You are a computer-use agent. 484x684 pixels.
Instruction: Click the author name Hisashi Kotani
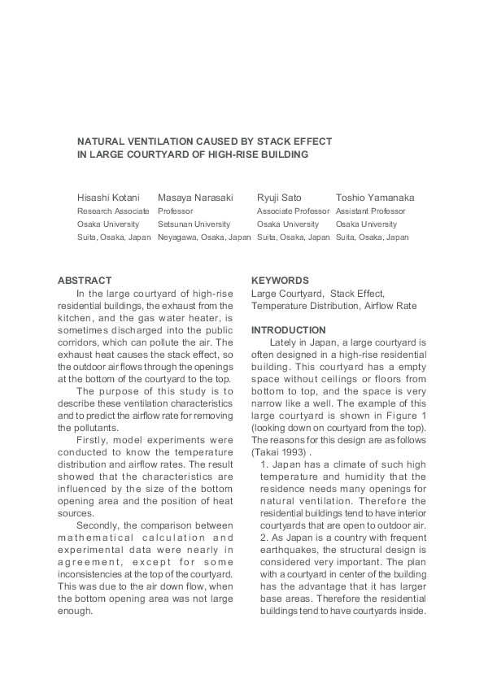[x=108, y=198]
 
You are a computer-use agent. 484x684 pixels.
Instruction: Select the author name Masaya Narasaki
[x=195, y=198]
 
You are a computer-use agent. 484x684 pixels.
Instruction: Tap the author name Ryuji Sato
[x=279, y=198]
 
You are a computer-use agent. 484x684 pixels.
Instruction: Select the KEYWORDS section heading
[x=280, y=281]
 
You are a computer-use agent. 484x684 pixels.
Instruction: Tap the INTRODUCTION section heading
[x=288, y=330]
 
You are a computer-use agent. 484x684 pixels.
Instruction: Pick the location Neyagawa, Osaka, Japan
[x=204, y=237]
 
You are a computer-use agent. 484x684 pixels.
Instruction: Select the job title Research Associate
[x=113, y=211]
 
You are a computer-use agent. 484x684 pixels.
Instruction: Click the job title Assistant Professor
[x=370, y=211]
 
